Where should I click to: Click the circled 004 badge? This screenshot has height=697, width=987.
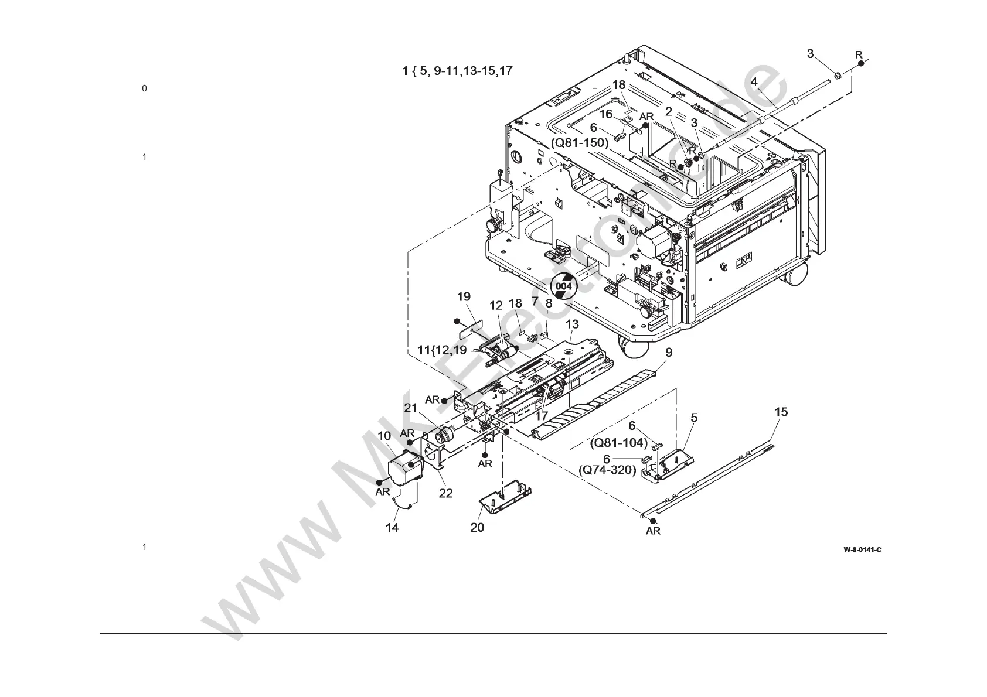tap(563, 286)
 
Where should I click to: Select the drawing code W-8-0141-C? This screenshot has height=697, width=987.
tap(862, 549)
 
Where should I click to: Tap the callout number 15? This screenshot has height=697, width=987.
tap(781, 412)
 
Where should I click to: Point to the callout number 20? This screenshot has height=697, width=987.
tap(477, 528)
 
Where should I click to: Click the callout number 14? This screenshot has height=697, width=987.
tap(392, 528)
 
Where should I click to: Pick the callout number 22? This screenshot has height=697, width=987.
tap(445, 493)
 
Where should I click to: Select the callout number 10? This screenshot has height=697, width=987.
tap(384, 436)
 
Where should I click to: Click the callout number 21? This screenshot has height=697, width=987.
tap(410, 408)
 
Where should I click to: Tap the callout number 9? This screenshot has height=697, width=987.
tap(669, 352)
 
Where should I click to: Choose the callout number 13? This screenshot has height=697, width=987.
tap(572, 324)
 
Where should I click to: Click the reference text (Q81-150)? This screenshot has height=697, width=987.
tap(580, 143)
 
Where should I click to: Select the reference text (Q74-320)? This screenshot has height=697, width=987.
tap(607, 470)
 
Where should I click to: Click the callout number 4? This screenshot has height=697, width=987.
tap(754, 81)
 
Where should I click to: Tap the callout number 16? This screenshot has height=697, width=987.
tap(605, 114)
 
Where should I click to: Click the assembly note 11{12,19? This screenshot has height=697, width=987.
tap(442, 350)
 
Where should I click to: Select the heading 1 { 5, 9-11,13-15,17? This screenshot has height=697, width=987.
tap(457, 71)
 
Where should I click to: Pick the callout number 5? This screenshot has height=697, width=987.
tap(694, 418)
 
